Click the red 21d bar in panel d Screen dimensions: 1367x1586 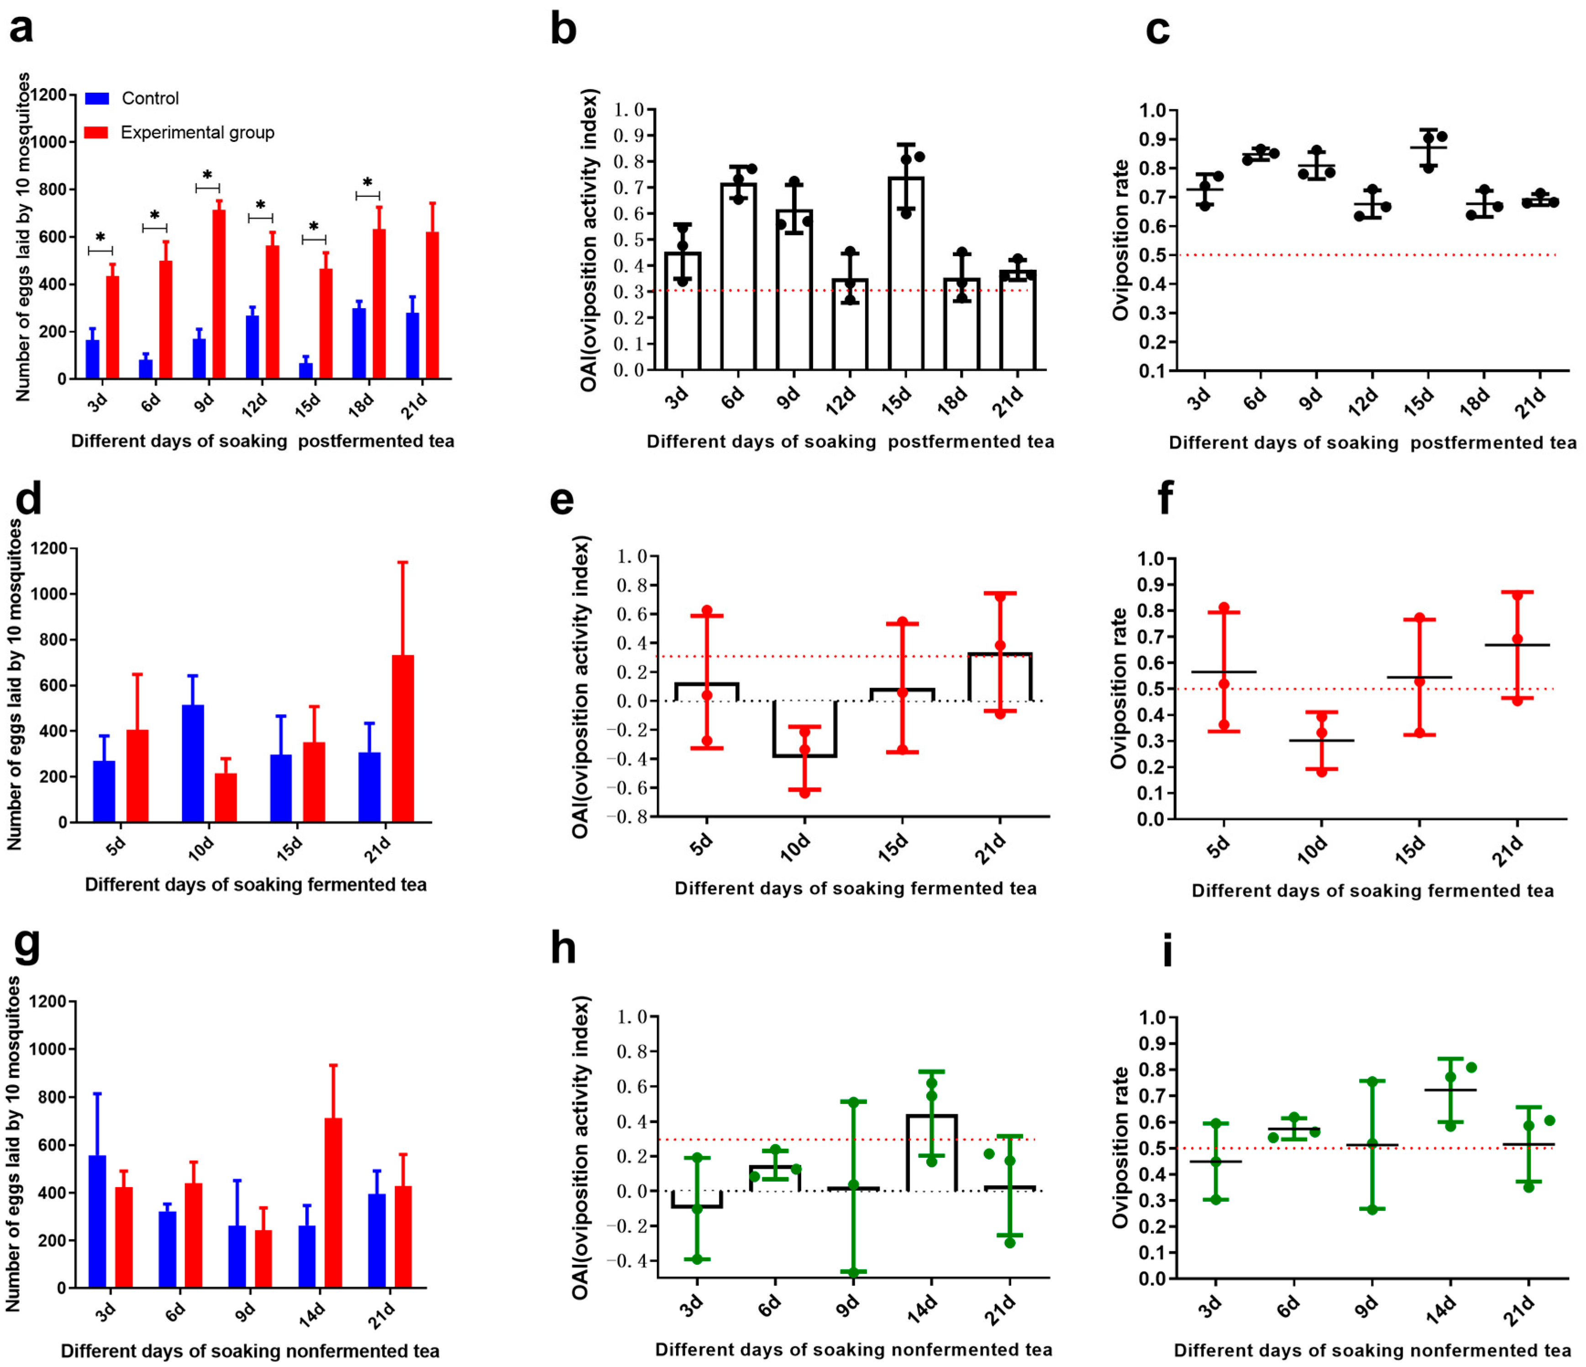click(x=403, y=739)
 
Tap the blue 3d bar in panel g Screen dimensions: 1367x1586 click(x=97, y=1221)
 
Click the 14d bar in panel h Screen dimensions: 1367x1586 click(x=931, y=1153)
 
